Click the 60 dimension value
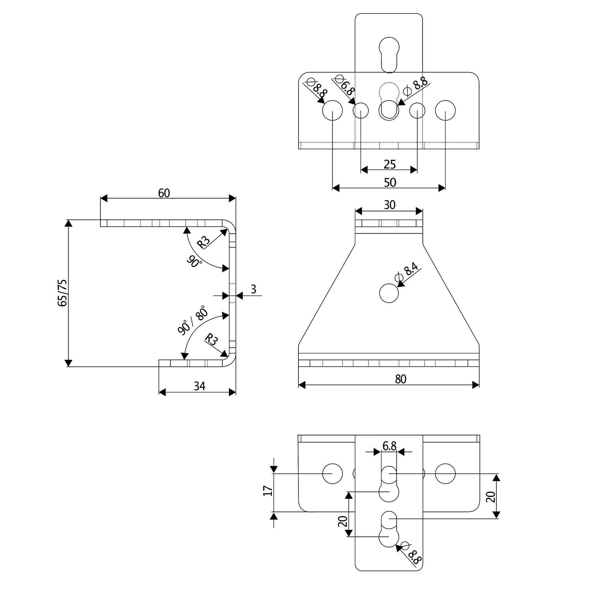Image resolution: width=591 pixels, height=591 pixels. coord(164,193)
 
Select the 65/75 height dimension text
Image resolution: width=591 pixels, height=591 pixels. coord(62,293)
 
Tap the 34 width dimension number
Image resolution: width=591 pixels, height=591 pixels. coord(199,386)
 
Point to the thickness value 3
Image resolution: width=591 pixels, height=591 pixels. coord(253,289)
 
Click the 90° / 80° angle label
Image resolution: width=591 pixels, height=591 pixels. coord(193,320)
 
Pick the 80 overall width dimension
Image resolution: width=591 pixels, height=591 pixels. coord(400,379)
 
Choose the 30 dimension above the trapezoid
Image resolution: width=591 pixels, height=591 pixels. coord(389,205)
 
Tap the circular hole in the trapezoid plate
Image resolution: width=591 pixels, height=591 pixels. coord(389,293)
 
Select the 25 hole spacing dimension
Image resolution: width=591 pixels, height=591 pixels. coord(389,164)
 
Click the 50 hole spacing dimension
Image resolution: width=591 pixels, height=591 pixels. coord(390,183)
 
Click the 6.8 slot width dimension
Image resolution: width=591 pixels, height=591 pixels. coord(389,446)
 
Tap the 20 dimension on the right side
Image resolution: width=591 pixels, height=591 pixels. coord(491,497)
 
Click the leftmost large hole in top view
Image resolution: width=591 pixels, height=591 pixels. coord(332,111)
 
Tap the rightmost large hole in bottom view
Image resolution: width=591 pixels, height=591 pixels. coord(445,473)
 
